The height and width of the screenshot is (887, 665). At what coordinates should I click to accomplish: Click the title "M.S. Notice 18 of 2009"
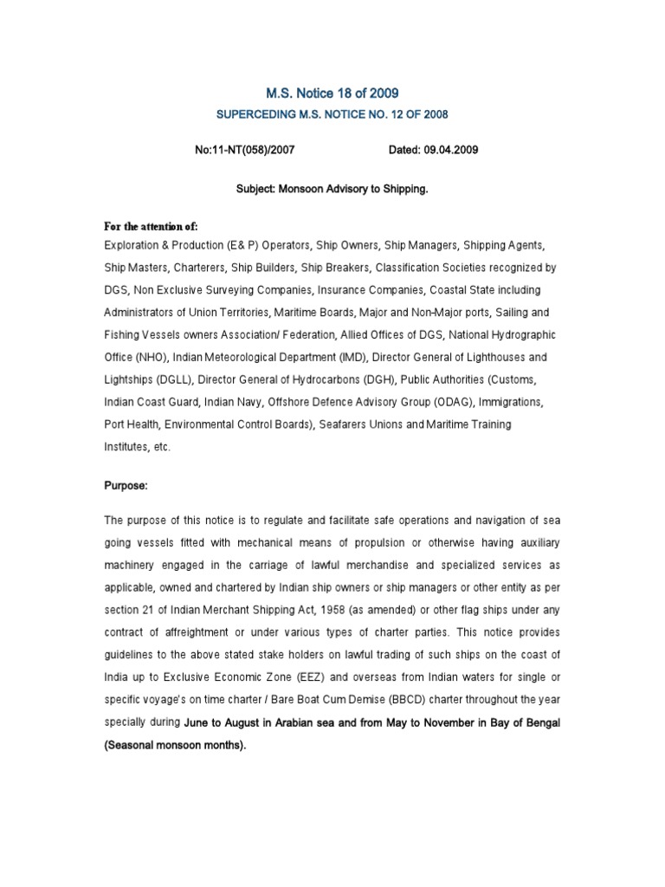pyautogui.click(x=332, y=94)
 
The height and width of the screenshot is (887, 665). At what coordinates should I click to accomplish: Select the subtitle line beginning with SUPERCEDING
pyautogui.click(x=332, y=114)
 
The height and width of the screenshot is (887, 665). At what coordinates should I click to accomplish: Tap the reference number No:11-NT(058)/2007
pyautogui.click(x=246, y=150)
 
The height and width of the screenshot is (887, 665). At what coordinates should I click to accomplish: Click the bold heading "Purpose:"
pyautogui.click(x=126, y=486)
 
